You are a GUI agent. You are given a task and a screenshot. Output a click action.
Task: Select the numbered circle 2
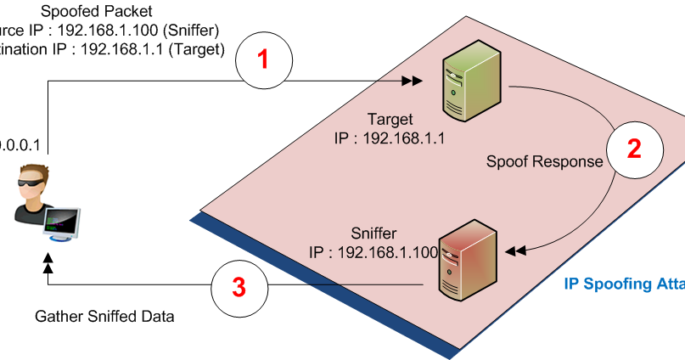(x=633, y=149)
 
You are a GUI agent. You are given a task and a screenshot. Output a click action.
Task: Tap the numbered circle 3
(x=239, y=288)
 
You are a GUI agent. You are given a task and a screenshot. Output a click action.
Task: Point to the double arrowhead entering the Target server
(x=412, y=82)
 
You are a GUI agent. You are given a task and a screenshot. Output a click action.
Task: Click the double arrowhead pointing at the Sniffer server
(x=516, y=250)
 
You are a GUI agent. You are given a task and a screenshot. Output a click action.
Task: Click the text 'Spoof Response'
(x=532, y=160)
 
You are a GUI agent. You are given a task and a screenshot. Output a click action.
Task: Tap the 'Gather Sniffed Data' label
(x=104, y=317)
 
